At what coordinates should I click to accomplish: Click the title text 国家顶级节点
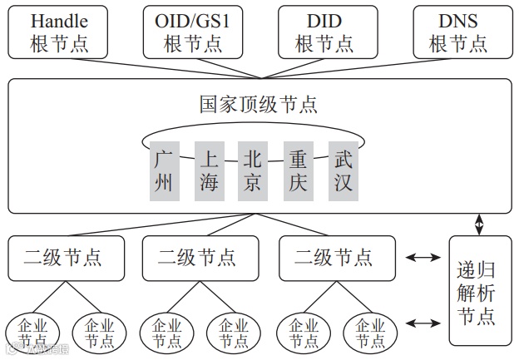[x=259, y=105]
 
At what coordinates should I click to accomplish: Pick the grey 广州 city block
[x=164, y=170]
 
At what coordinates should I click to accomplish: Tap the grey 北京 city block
[x=252, y=170]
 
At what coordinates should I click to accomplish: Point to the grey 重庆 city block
[x=298, y=170]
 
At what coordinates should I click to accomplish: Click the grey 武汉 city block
[x=343, y=170]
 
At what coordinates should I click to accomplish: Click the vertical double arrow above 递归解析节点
[x=479, y=224]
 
